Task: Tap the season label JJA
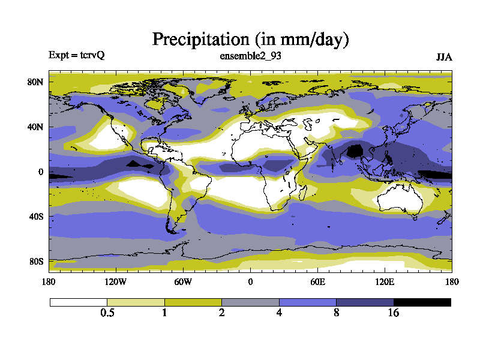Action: tap(443, 57)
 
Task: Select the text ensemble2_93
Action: tap(251, 56)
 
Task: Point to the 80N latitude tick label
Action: tap(37, 82)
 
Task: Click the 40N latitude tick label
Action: tap(37, 127)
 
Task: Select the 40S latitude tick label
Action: tap(37, 216)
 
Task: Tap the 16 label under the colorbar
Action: tap(394, 313)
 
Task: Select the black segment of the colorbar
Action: tap(422, 302)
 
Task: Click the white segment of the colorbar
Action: tap(78, 302)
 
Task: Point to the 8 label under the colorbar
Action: tap(337, 313)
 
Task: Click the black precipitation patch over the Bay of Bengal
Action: tap(355, 150)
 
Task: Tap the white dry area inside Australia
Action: tap(396, 198)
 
